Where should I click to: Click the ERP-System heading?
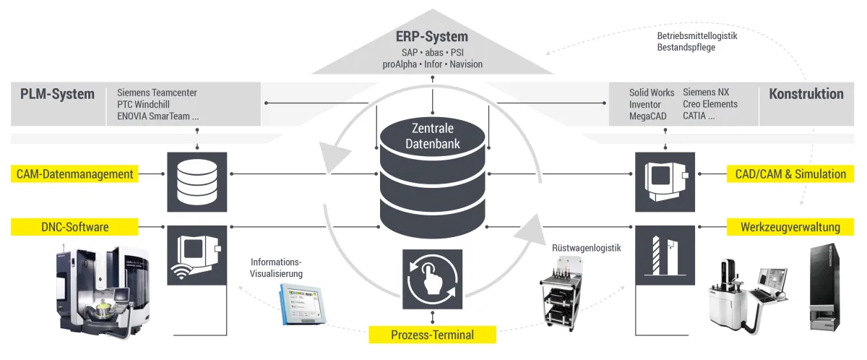point(432,37)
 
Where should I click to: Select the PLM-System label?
point(57,94)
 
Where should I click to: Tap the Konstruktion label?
point(806,94)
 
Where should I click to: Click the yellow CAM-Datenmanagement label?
point(76,173)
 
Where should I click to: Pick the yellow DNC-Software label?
point(76,227)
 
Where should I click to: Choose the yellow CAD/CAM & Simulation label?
point(790,173)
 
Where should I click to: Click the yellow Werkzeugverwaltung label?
point(790,227)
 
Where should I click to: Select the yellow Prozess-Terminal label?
point(432,335)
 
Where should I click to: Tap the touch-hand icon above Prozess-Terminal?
point(432,278)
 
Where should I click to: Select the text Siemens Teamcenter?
point(157,93)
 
